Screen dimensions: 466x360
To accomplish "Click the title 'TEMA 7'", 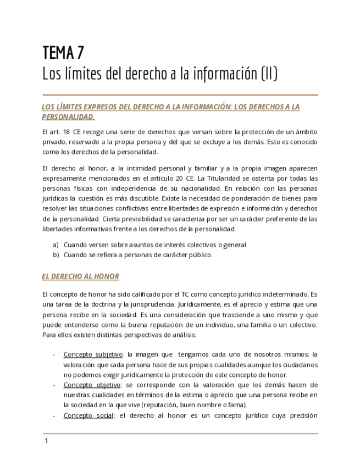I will (x=63, y=53).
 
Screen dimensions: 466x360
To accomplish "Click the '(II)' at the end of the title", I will (x=268, y=73).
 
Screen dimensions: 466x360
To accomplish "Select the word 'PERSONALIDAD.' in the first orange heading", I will (x=68, y=116).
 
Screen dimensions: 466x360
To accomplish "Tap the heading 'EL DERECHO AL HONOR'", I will (x=80, y=276).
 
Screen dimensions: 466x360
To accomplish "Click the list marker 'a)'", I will (x=56, y=245).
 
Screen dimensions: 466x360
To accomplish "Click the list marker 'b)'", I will (x=56, y=254).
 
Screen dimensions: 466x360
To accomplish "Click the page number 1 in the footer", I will (x=47, y=441).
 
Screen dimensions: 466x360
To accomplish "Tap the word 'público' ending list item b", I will (x=201, y=254).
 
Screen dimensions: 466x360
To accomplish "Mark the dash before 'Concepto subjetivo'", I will (x=54, y=354).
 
